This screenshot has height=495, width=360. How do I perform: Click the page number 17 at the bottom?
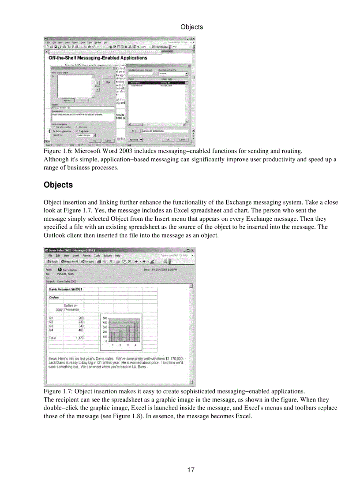click(x=191, y=470)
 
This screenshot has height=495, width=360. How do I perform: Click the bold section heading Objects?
click(x=58, y=185)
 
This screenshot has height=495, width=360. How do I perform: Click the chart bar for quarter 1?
click(x=112, y=337)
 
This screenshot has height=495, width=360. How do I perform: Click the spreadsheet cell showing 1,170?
click(x=79, y=338)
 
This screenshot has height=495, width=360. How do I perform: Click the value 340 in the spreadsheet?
click(x=81, y=326)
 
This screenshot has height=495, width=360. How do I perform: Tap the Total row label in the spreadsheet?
click(x=52, y=338)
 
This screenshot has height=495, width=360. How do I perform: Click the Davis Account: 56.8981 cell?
click(x=66, y=289)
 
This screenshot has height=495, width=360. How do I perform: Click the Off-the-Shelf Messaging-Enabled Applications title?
click(x=97, y=58)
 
